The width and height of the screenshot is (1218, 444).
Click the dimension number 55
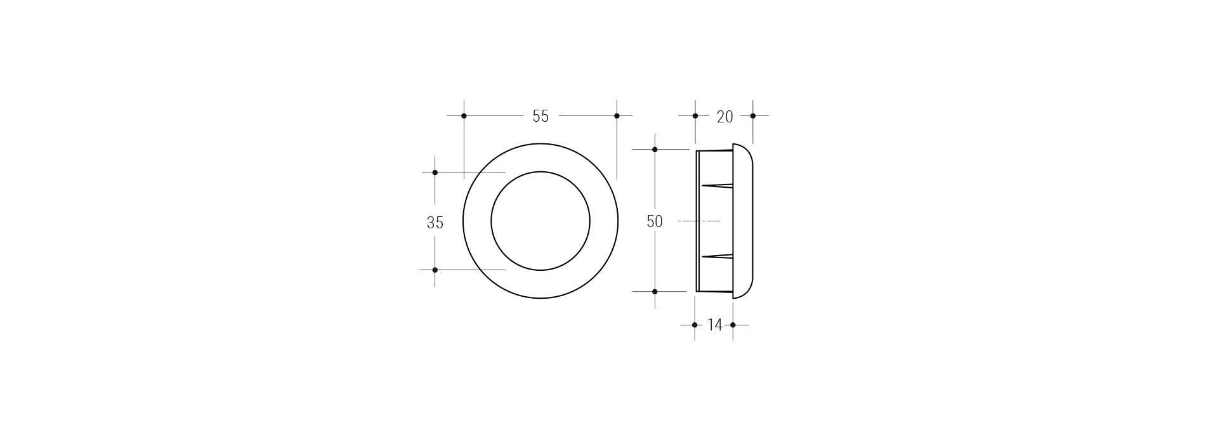pos(540,116)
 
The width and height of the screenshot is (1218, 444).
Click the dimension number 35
pos(435,223)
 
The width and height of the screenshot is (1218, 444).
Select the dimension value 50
pos(655,221)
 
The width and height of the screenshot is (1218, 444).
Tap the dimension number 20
pos(724,117)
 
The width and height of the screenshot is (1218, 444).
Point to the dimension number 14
pos(714,325)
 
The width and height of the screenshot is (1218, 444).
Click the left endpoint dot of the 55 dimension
pos(464,116)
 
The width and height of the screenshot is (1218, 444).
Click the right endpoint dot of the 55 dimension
pos(617,116)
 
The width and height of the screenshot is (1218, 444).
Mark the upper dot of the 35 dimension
pos(435,173)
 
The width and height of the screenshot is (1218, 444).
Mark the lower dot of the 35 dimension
pos(435,270)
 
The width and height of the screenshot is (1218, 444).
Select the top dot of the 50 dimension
pos(655,150)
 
